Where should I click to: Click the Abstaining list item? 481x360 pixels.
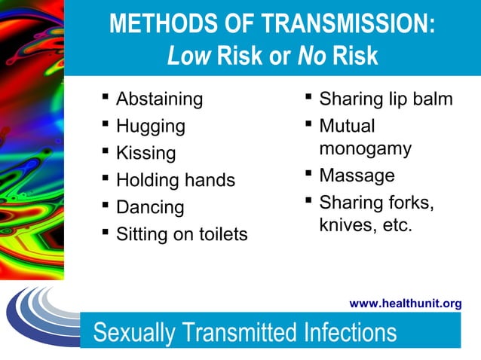pyautogui.click(x=159, y=99)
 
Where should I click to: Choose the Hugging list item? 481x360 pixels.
pyautogui.click(x=150, y=126)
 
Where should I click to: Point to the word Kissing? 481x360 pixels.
pyautogui.click(x=146, y=154)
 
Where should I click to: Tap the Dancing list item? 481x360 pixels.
pyautogui.click(x=150, y=207)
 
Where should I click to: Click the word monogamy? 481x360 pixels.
pyautogui.click(x=365, y=148)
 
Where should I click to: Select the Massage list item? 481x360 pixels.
pyautogui.click(x=357, y=175)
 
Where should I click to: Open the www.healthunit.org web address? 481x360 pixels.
pyautogui.click(x=406, y=304)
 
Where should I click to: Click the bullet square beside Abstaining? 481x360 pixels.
pyautogui.click(x=104, y=97)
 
